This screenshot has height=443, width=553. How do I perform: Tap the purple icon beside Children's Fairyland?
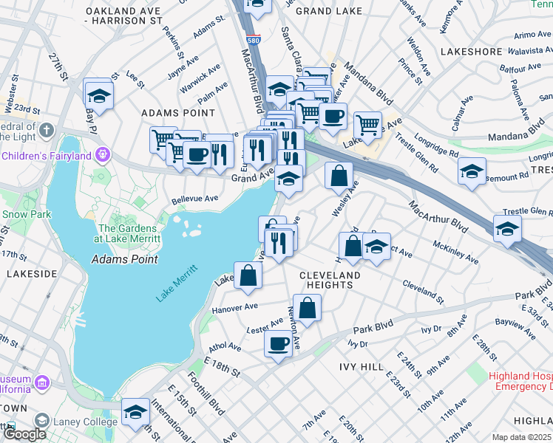click(x=102, y=155)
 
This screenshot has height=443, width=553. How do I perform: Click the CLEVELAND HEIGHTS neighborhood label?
click(x=330, y=280)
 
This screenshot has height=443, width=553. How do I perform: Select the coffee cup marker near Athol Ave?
click(x=278, y=343)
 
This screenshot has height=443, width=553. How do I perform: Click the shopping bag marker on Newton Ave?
click(x=307, y=307)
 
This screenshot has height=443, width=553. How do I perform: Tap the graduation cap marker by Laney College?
click(x=135, y=412)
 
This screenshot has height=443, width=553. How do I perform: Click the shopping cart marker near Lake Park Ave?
click(x=367, y=124)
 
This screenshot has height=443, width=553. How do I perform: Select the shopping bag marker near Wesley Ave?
click(x=339, y=176)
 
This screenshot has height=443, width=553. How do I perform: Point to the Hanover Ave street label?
click(x=234, y=306)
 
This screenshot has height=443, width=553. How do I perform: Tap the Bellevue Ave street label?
click(x=194, y=199)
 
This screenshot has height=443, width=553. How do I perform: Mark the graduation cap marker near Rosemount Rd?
click(x=472, y=171)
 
